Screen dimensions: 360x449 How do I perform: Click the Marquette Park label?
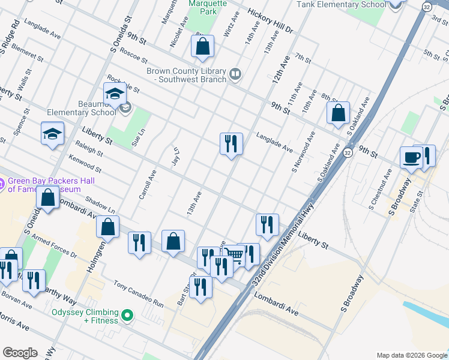pos(207,7)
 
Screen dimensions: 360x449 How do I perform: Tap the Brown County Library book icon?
pos(235,74)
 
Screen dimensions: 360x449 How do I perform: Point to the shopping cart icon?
pos(235,255)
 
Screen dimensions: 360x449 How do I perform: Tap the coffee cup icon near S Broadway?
pos(411,157)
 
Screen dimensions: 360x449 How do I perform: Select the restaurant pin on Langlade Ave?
pos(231,143)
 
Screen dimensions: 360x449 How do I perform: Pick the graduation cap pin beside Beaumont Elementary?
pos(115,94)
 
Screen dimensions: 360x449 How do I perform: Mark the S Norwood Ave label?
pos(303,152)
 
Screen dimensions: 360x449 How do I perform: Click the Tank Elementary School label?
pos(341,5)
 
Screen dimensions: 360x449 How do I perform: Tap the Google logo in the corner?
pos(20,353)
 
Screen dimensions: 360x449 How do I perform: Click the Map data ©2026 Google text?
pos(412,355)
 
